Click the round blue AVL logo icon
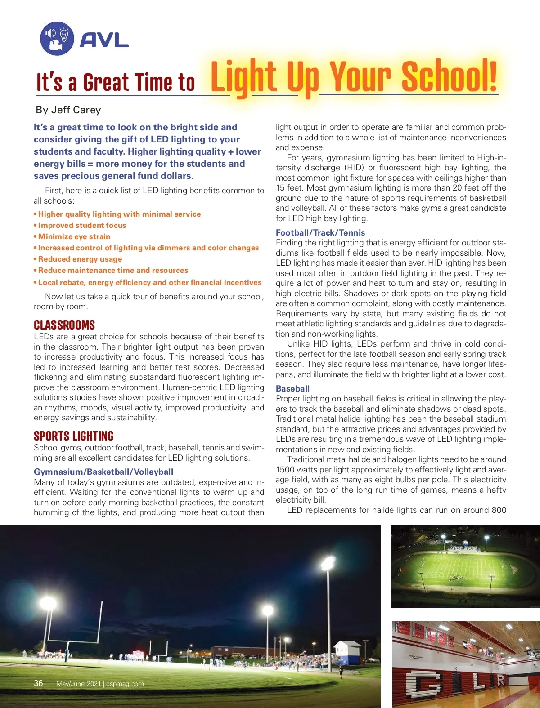(57, 39)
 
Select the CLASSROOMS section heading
(64, 325)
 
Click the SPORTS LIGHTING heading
(74, 436)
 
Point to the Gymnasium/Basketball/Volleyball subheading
(103, 472)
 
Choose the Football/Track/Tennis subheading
(320, 232)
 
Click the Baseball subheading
(292, 388)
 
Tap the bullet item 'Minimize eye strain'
(74, 236)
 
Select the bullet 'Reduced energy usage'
(80, 259)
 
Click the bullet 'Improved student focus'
(82, 225)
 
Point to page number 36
(39, 683)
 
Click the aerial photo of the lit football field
(465, 566)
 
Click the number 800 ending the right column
(499, 510)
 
